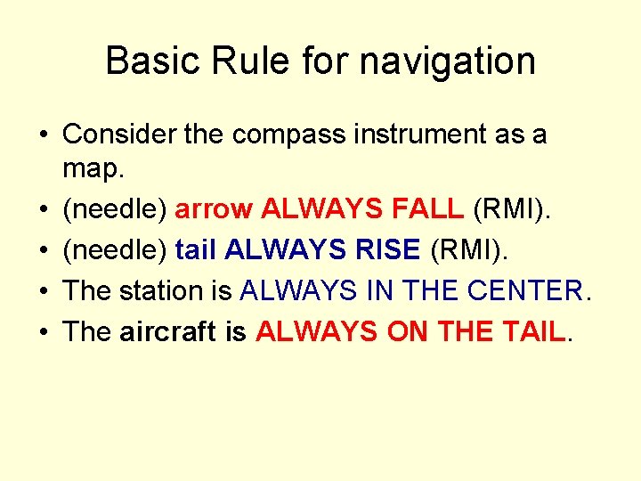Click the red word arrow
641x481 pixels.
[215, 210]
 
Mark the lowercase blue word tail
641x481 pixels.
[197, 249]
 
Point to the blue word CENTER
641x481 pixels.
[512, 290]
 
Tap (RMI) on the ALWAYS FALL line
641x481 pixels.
[513, 209]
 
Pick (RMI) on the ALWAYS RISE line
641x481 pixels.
[468, 250]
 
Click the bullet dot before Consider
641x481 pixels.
[43, 135]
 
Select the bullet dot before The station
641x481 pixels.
[43, 291]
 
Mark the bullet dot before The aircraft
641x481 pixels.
[43, 332]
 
